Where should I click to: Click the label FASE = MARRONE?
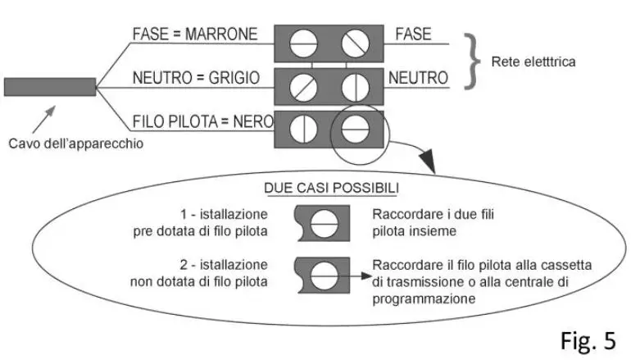coord(194,34)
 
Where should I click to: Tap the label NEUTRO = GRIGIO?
coord(197,79)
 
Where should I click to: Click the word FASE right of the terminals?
coord(413,34)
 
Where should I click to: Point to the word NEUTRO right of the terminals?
coord(418,79)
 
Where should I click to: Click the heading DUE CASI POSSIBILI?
coord(330,188)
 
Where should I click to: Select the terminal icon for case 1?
coord(325,222)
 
